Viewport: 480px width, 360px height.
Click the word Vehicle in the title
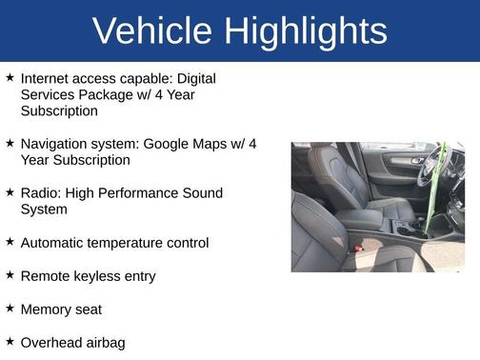click(152, 31)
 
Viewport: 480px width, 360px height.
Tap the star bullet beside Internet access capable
click(10, 77)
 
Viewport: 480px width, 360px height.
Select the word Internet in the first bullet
click(47, 78)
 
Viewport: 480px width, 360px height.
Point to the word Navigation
click(55, 144)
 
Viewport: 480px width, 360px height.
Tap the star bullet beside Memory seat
click(10, 309)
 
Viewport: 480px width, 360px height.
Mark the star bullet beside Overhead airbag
click(10, 342)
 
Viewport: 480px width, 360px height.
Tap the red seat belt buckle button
click(358, 247)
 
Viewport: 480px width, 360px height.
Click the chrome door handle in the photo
click(415, 161)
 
